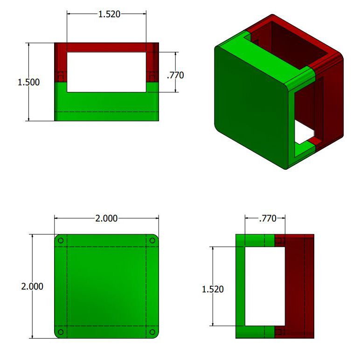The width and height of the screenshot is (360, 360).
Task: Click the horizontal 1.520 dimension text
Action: pyautogui.click(x=109, y=14)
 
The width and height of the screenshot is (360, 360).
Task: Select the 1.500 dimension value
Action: pyautogui.click(x=29, y=82)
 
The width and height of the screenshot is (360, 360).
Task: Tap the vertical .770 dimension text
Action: pyautogui.click(x=175, y=75)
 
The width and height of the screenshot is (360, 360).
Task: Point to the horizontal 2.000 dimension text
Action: pyautogui.click(x=106, y=218)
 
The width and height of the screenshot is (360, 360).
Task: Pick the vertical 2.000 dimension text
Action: pyautogui.click(x=32, y=286)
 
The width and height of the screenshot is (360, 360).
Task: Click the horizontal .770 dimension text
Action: pyautogui.click(x=268, y=218)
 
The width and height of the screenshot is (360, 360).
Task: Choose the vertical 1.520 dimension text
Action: pyautogui.click(x=213, y=289)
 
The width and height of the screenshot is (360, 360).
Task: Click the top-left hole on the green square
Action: pyautogui.click(x=61, y=241)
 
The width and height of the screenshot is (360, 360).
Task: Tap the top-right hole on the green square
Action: pyautogui.click(x=152, y=241)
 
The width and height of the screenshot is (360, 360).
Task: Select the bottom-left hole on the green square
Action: pyautogui.click(x=61, y=332)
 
